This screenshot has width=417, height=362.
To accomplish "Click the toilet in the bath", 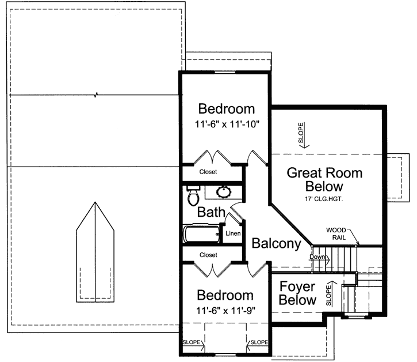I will point(193,197).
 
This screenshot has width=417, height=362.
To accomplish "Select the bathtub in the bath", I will point(201,235).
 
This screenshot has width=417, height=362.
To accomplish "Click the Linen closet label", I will point(232,233).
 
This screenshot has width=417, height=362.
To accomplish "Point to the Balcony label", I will point(276,244).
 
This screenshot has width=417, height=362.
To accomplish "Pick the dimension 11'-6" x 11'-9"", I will point(225,310).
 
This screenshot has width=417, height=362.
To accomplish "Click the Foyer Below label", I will point(297,293).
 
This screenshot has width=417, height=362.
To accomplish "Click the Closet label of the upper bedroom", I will point(208,172).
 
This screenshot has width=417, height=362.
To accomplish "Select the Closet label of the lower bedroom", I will point(208,255).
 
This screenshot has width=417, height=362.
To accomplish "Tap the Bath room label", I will point(211,212).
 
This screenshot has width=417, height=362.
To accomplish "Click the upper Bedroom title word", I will point(226,109).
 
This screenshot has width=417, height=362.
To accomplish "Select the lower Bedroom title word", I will point(225,296).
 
